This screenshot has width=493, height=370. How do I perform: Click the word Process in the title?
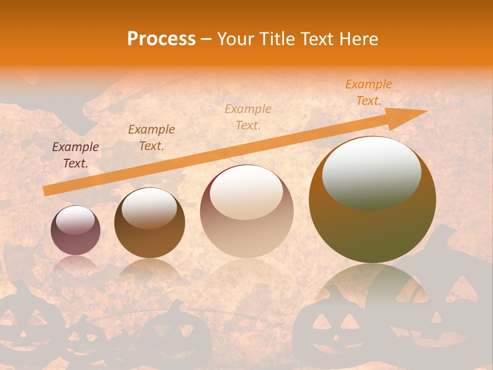pos(161,39)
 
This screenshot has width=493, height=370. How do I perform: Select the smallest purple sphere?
pos(75,230)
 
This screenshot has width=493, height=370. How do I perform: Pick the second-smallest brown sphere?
pos(149,223)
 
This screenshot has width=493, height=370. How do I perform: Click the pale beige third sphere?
pos(246,211)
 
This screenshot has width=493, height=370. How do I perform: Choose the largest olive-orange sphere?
pos(372,200)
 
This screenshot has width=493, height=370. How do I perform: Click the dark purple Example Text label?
pos(75,155)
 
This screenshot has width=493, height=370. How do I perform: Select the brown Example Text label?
pos(151,138)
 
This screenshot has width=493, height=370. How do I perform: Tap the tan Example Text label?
pos(248,117)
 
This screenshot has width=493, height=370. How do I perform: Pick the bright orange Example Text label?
pos(369,92)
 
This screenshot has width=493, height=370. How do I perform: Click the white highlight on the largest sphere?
pos(371,174)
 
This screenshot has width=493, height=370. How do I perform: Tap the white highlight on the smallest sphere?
pos(75,220)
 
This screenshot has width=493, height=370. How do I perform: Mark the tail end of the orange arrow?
pos(45,191)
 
